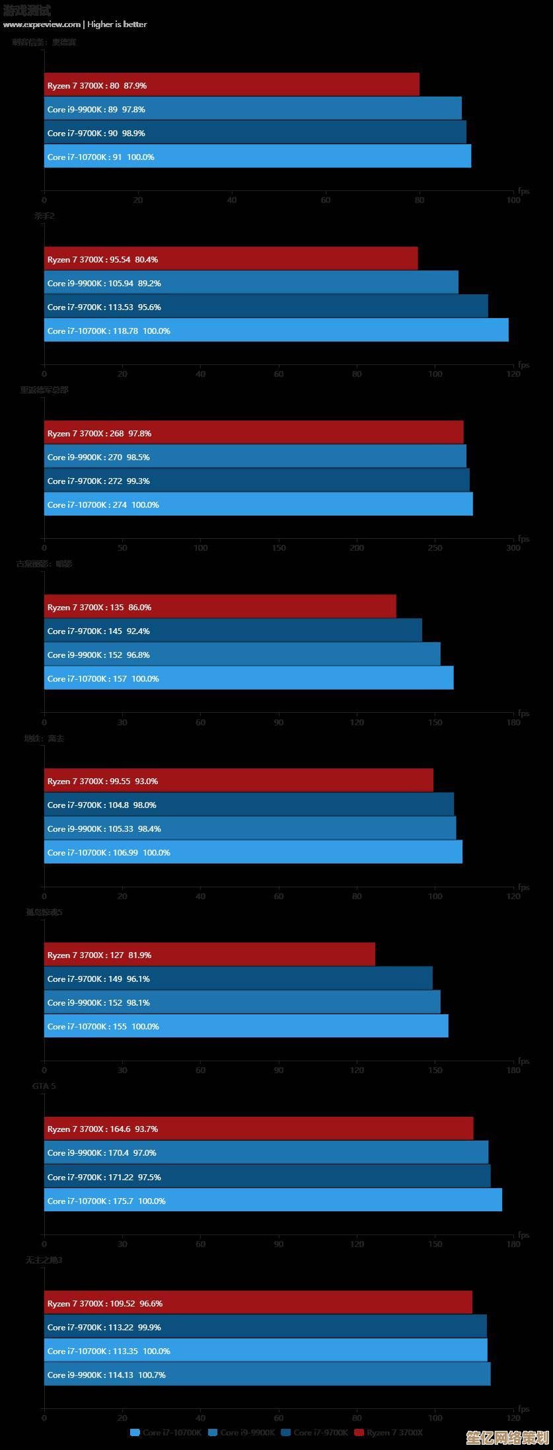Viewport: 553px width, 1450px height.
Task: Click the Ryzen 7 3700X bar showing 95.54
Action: click(x=231, y=259)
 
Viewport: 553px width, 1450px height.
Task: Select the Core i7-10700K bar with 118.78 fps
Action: click(x=276, y=330)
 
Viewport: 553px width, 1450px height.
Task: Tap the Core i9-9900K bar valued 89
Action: click(x=252, y=108)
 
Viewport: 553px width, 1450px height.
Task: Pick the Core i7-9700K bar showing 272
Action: click(x=256, y=480)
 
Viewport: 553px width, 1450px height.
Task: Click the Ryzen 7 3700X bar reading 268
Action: click(x=254, y=432)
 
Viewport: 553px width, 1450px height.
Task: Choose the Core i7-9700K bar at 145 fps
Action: click(x=233, y=630)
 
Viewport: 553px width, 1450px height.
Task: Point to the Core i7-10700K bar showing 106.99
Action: click(x=253, y=852)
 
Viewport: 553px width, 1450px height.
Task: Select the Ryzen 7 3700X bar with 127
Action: click(x=209, y=954)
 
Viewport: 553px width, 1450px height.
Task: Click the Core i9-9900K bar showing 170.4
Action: click(x=266, y=1152)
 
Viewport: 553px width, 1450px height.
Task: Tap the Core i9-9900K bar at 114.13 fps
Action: click(x=267, y=1374)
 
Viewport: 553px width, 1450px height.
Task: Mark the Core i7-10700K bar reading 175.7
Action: click(x=273, y=1200)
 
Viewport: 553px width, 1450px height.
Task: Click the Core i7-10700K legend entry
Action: click(x=166, y=1432)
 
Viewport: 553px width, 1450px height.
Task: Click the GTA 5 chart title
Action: click(x=44, y=1086)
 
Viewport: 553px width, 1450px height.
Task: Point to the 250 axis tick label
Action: click(x=435, y=548)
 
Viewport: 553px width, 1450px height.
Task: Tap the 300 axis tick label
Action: click(x=513, y=548)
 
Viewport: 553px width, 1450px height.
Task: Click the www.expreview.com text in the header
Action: click(x=42, y=24)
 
